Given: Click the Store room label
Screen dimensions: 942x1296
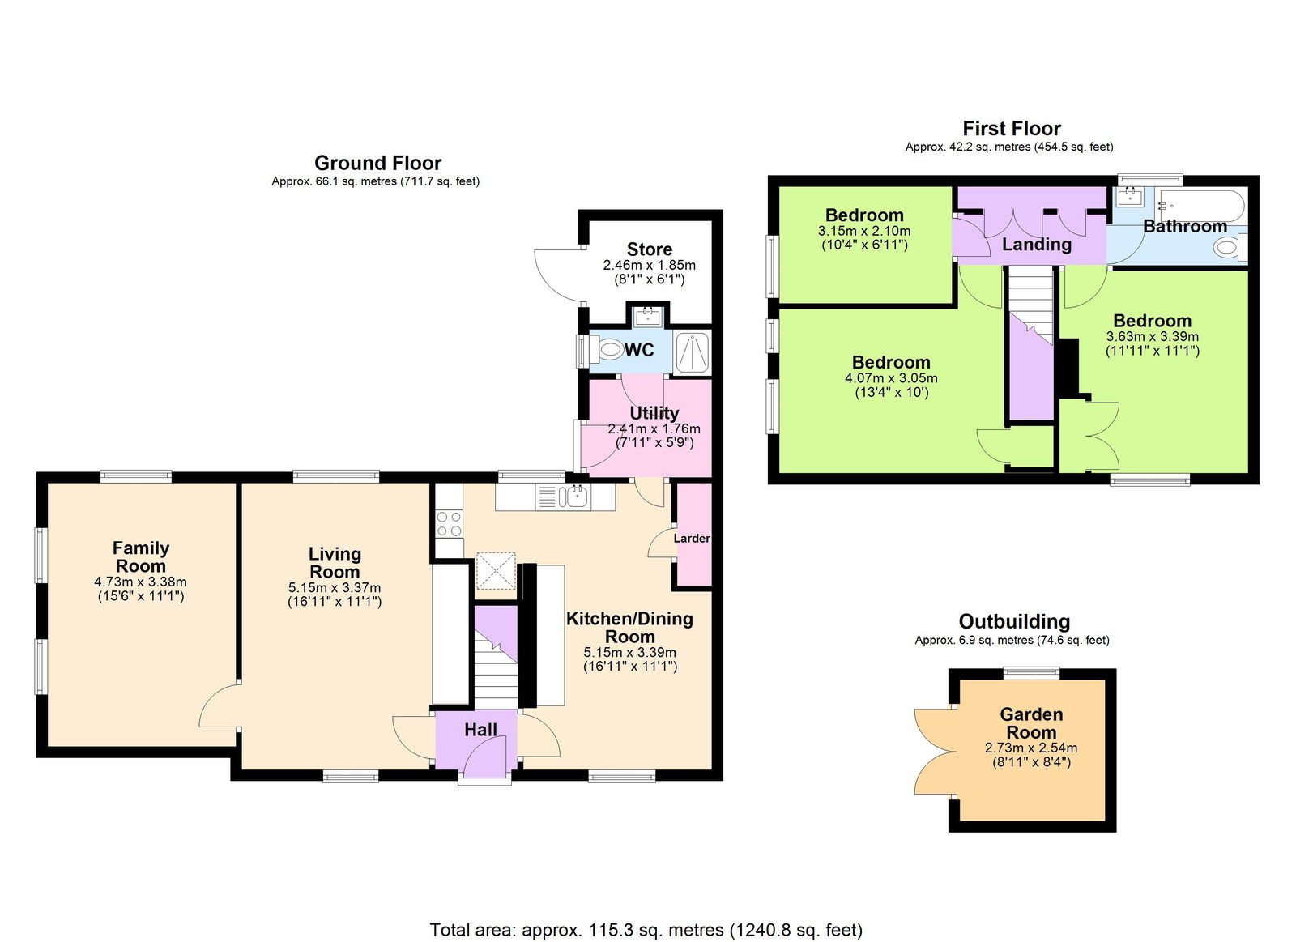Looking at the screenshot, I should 649,249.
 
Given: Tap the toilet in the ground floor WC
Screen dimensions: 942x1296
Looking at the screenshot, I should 607,351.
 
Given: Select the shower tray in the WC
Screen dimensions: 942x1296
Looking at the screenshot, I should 693,352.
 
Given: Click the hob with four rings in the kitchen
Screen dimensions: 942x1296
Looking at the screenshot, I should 449,523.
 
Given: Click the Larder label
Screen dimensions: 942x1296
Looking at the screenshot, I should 692,538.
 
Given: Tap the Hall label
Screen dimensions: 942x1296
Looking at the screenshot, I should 480,730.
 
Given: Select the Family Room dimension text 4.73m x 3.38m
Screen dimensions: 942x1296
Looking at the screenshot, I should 140,582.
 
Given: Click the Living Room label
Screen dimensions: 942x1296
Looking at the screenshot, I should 335,562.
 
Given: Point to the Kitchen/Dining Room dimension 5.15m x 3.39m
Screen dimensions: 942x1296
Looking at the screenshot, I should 629,652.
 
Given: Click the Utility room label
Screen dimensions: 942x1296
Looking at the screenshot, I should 654,413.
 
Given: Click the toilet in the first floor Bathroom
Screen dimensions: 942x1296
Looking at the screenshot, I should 1229,247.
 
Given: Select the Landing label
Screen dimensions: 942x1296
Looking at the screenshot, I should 1036,244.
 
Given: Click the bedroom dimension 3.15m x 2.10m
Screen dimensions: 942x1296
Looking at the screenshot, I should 863,231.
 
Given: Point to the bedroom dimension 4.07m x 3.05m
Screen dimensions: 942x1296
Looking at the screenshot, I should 891,378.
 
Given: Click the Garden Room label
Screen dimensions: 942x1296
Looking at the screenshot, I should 1031,722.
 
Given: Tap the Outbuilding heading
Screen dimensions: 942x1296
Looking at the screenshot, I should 1014,621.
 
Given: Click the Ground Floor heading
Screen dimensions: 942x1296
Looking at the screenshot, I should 377,163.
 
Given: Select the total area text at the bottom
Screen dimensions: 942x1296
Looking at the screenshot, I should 646,929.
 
